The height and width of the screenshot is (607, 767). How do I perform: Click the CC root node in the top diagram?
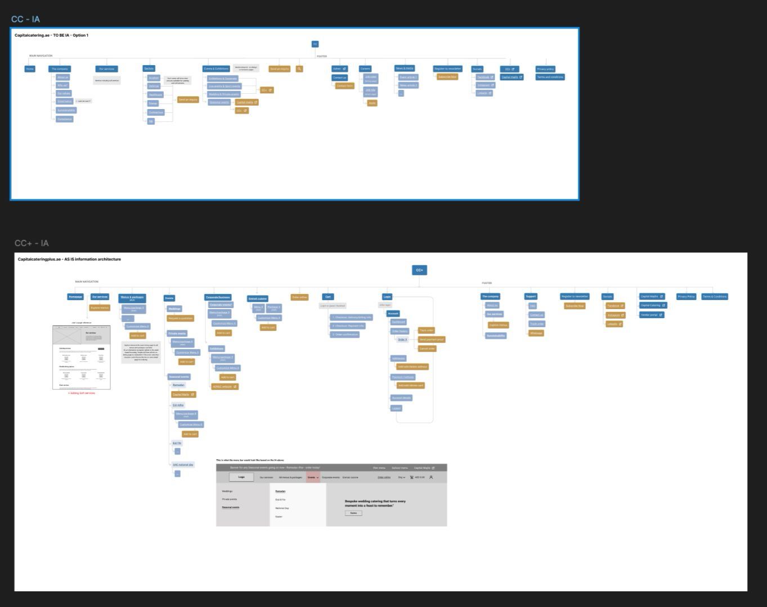tap(315, 44)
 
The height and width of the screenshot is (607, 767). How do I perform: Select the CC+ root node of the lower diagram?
tap(419, 270)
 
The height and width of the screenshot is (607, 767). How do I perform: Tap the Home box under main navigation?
tap(30, 69)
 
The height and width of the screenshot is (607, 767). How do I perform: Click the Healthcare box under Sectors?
tap(155, 95)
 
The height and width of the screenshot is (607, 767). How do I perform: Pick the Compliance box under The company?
tap(65, 119)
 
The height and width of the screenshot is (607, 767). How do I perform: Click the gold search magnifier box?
tap(299, 69)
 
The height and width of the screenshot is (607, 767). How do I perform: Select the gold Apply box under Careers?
tap(372, 103)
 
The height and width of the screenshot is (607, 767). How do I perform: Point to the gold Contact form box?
tap(344, 86)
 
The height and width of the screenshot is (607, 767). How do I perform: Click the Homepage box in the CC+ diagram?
tap(75, 297)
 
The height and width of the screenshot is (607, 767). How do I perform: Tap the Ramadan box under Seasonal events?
tap(178, 386)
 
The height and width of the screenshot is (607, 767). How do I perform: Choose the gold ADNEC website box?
tap(225, 387)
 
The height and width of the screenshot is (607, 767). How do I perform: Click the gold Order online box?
tap(299, 297)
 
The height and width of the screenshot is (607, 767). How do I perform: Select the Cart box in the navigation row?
tap(328, 297)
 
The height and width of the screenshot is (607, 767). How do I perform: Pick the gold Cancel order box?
tap(427, 348)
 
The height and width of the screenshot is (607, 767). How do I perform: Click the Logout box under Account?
tap(396, 408)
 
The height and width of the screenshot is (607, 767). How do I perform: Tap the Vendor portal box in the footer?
tap(652, 315)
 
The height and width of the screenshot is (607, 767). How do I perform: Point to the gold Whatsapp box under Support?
tap(536, 333)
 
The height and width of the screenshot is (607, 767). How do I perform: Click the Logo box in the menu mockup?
tap(241, 477)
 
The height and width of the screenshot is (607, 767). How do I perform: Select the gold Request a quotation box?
tap(181, 318)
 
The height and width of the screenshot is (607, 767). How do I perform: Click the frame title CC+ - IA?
tap(32, 243)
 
